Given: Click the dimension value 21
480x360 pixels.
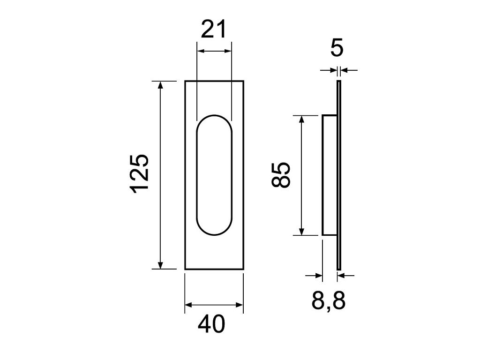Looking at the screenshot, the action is click(213, 29).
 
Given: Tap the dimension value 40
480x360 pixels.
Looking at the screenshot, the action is click(211, 324).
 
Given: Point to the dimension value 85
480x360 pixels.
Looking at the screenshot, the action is click(280, 175).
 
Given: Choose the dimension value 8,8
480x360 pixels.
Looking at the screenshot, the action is click(329, 300).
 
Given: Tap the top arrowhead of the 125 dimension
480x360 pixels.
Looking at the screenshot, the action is click(160, 85).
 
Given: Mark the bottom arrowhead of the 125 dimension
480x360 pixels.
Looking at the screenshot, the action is click(160, 265).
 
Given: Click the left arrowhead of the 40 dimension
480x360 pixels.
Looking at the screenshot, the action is click(189, 305).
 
